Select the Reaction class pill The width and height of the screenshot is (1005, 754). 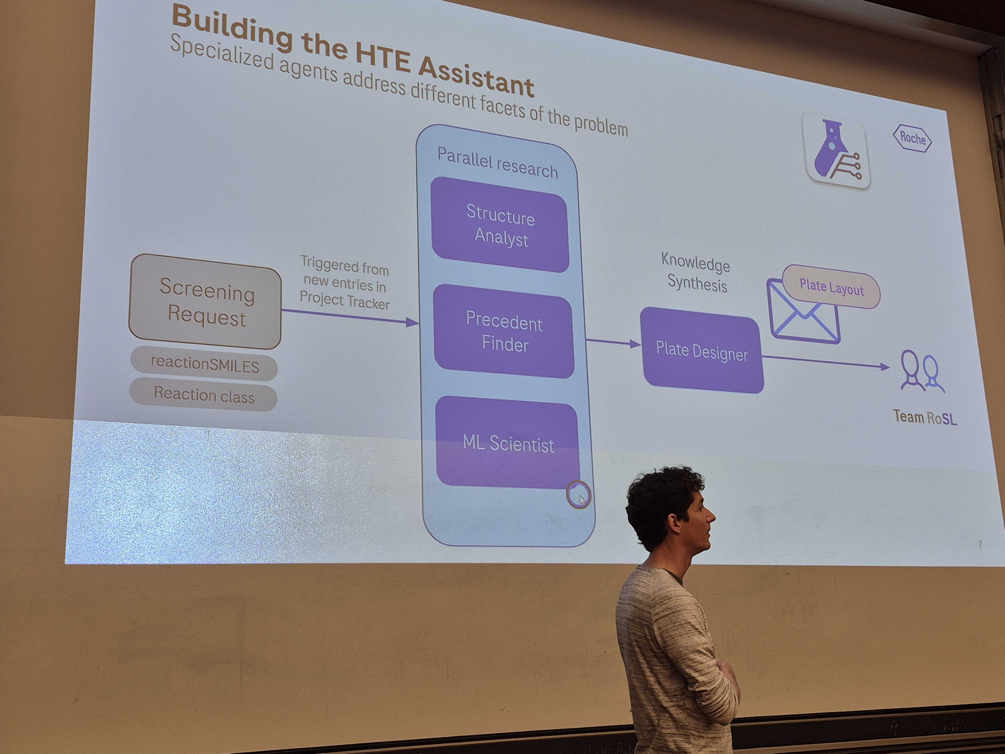click(x=204, y=395)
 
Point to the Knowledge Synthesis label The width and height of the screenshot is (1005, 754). click(x=696, y=273)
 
